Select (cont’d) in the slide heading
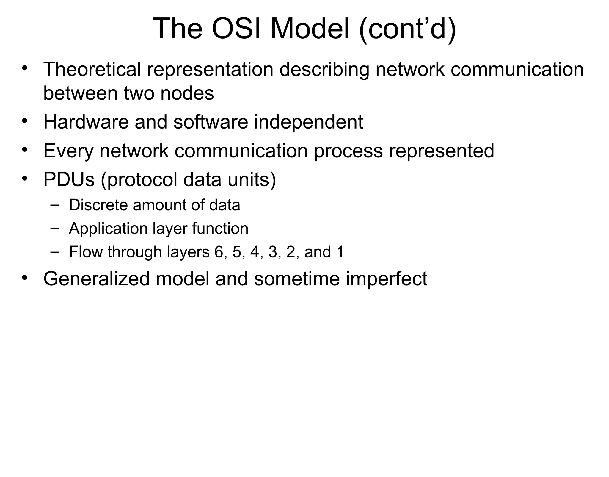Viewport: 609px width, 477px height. click(x=407, y=29)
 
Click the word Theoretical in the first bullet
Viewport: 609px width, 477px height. click(x=92, y=69)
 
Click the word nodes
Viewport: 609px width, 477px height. click(x=187, y=93)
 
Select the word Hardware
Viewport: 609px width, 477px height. click(x=86, y=122)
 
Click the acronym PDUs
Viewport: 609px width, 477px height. click(x=69, y=179)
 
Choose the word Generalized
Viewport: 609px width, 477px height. click(x=96, y=279)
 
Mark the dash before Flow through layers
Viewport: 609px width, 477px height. click(x=55, y=251)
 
